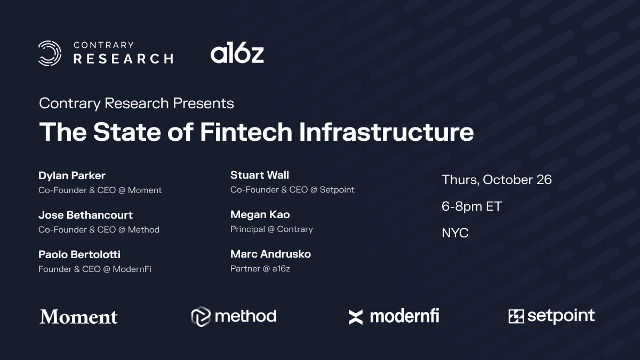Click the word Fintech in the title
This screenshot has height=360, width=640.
click(246, 132)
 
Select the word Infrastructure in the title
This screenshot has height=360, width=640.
click(386, 132)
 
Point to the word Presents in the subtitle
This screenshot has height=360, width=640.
click(203, 103)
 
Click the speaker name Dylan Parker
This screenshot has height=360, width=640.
click(72, 175)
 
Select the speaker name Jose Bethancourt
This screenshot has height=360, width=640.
click(85, 215)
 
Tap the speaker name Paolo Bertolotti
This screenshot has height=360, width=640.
click(79, 254)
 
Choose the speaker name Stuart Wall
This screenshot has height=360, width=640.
click(260, 175)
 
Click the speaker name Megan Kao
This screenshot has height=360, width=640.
click(260, 214)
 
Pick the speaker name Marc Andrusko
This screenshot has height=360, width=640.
click(270, 254)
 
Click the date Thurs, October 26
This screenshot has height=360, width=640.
click(497, 180)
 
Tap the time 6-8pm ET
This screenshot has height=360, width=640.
click(471, 206)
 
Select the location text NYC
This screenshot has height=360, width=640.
click(455, 233)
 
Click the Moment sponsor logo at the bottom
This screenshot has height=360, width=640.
click(78, 317)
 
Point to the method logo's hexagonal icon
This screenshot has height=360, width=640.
click(201, 317)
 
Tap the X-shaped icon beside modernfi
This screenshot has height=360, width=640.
click(356, 317)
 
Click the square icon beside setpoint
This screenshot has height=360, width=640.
click(516, 316)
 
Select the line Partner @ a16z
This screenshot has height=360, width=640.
click(260, 269)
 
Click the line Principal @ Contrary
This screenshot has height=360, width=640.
click(271, 229)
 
